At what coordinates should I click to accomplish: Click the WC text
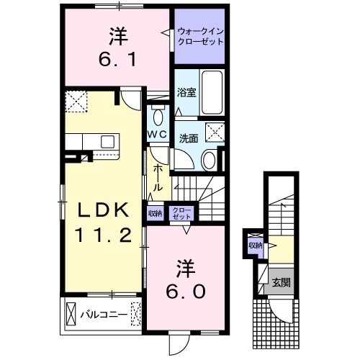(x=158, y=134)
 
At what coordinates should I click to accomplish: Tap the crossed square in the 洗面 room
(x=214, y=132)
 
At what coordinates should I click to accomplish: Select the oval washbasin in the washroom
(x=208, y=159)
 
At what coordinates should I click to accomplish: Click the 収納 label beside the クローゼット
(x=155, y=213)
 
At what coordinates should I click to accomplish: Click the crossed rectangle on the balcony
(x=70, y=314)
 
